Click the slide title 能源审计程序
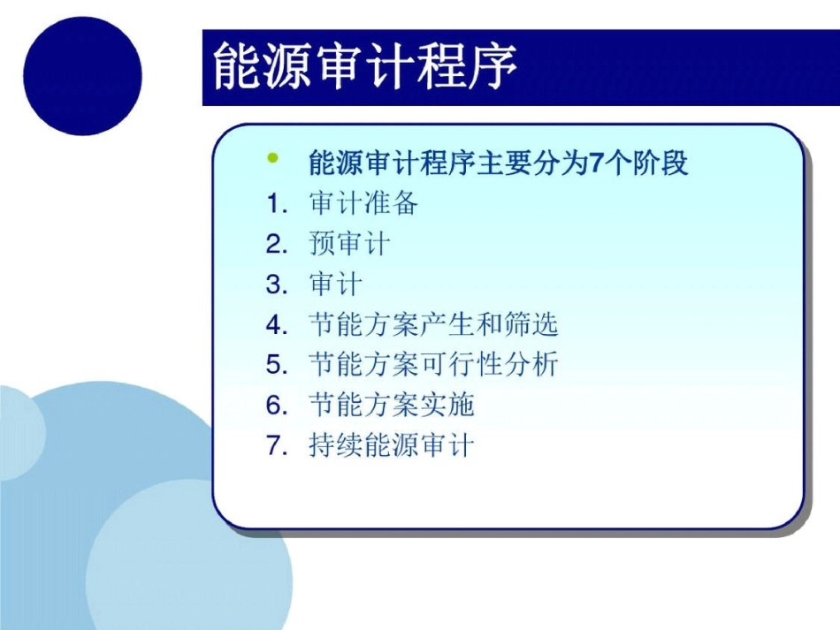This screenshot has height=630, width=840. (364, 68)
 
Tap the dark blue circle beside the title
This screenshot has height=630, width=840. (82, 76)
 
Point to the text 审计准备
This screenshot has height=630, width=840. (363, 204)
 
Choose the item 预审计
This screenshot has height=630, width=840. (349, 244)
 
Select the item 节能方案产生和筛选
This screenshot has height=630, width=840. (433, 325)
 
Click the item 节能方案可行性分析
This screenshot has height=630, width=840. (433, 365)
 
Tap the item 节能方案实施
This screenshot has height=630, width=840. (392, 406)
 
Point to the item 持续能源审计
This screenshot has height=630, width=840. (392, 445)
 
